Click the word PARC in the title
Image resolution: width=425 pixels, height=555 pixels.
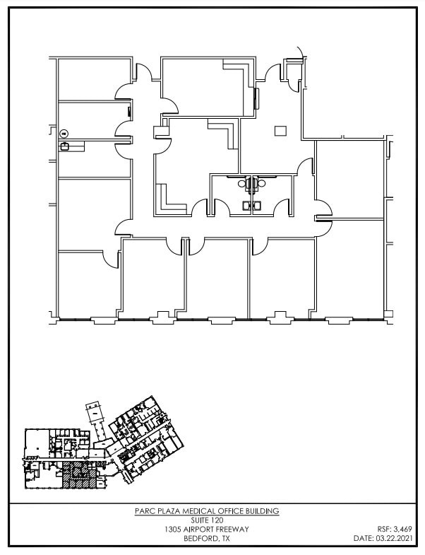click(144, 511)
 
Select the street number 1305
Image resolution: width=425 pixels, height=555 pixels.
click(173, 529)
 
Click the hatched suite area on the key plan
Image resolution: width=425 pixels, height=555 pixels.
click(78, 476)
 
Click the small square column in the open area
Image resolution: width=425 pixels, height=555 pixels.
click(281, 129)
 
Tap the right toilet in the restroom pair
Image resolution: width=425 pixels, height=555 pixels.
click(261, 185)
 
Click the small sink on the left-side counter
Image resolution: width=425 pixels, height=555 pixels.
click(65, 146)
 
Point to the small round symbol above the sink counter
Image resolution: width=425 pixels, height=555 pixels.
click(64, 133)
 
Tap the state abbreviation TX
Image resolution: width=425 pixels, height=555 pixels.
click(225, 538)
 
